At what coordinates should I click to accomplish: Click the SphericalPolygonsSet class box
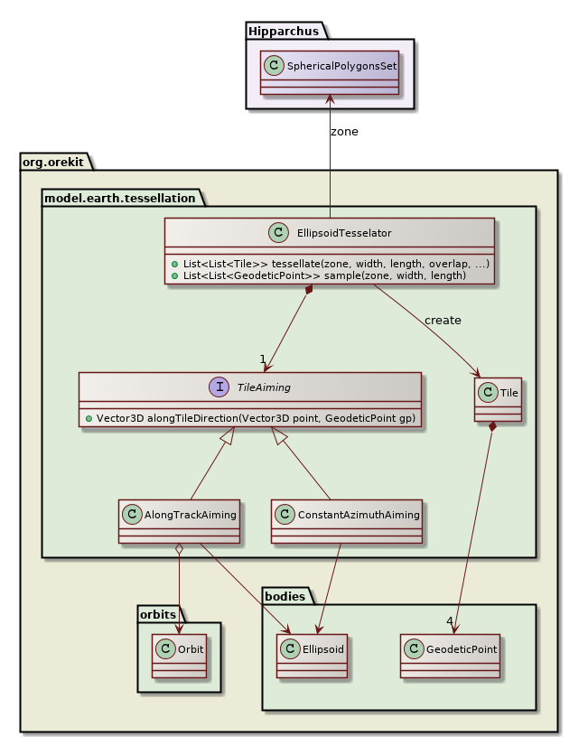[330, 72]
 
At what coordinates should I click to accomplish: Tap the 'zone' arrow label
[344, 131]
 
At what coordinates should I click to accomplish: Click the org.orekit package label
[52, 162]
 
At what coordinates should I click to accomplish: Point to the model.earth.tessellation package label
[118, 197]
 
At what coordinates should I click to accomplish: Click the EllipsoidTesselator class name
[343, 233]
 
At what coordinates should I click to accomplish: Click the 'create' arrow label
[443, 320]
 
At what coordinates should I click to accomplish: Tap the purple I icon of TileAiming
[219, 387]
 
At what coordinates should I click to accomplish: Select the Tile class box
[498, 397]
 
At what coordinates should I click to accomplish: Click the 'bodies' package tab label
[285, 595]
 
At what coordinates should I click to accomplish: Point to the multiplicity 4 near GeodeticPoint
[449, 620]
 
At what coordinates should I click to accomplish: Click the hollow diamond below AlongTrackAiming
[180, 550]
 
